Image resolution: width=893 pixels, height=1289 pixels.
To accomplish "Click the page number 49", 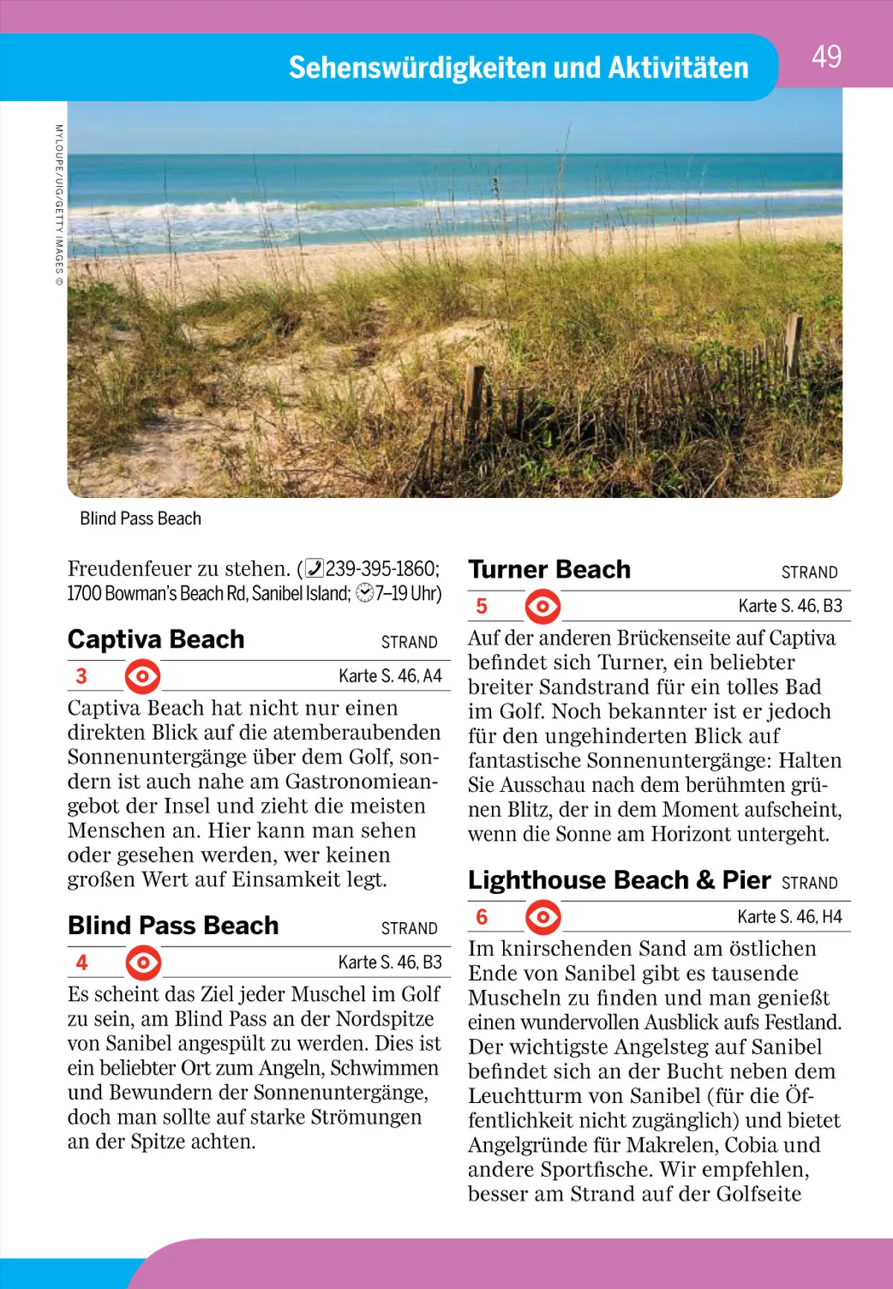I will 826,57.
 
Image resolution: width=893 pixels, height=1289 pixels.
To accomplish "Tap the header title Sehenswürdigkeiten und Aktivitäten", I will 518,68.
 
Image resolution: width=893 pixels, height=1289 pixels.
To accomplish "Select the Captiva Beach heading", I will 156,639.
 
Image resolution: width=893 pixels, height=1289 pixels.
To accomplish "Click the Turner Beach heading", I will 549,569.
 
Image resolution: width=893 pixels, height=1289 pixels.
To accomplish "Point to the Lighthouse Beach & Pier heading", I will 619,880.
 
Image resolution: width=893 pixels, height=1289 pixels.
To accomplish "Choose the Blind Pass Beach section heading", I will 173,925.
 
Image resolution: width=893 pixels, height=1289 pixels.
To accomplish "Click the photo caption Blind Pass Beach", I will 141,519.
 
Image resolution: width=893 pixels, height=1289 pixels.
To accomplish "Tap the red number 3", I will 81,677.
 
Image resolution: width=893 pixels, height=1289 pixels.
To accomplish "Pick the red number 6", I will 481,917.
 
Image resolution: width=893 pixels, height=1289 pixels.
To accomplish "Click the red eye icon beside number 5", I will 542,607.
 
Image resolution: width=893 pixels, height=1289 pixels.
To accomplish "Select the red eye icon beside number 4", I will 143,963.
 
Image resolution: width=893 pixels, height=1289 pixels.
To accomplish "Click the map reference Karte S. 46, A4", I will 390,676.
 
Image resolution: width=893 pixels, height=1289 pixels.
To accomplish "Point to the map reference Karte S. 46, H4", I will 790,917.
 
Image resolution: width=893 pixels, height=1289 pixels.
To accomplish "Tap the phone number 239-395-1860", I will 381,569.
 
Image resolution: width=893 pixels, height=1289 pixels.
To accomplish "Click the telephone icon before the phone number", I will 315,569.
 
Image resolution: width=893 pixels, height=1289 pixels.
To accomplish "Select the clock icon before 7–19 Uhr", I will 365,593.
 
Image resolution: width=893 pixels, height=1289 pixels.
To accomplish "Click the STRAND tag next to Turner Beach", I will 809,572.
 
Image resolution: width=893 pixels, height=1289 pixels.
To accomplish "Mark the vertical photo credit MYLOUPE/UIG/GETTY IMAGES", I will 60,205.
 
